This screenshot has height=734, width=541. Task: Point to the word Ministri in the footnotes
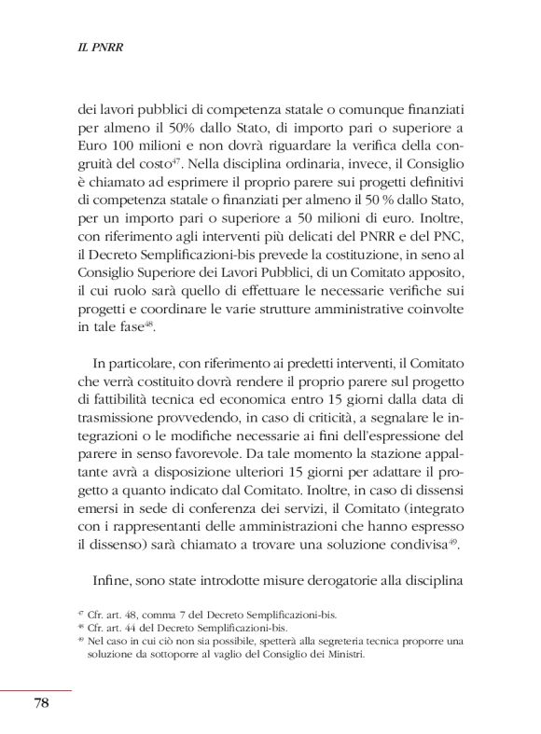click(342, 655)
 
